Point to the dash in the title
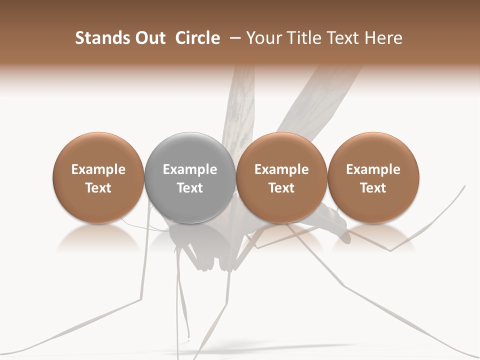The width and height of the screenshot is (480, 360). point(233,38)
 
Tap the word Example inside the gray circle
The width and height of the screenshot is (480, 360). point(190,169)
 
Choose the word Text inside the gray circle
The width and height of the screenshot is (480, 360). point(190,188)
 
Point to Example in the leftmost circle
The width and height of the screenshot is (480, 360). point(98,169)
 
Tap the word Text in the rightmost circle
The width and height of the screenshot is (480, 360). point(373,188)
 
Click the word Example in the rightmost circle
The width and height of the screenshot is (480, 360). point(373,169)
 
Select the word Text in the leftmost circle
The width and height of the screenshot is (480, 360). point(98,188)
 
